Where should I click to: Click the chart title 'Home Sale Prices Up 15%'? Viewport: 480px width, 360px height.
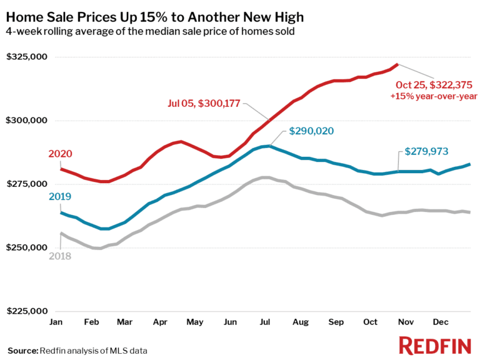156,14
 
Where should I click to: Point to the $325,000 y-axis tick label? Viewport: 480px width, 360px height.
27,57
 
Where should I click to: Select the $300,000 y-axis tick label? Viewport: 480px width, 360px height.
27,121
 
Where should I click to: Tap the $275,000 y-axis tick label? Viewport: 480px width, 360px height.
27,184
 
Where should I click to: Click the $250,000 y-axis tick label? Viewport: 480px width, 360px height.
27,248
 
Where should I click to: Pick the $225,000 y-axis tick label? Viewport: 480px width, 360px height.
27,311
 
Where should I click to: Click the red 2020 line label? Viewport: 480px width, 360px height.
60,154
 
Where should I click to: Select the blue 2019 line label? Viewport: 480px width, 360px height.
60,197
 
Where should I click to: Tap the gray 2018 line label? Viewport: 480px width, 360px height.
60,256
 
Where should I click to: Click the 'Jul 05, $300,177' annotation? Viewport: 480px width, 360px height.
203,104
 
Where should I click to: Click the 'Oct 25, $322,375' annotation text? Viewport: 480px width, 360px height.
435,85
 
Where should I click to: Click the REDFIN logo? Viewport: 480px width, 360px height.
435,344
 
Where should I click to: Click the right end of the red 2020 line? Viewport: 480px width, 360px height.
397,64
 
